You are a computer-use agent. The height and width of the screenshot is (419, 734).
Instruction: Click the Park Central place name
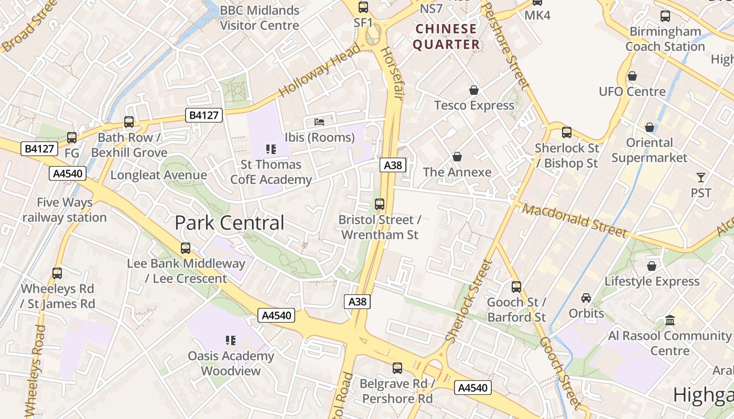click(229, 223)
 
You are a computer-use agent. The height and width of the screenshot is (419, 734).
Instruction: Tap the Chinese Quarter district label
click(446, 37)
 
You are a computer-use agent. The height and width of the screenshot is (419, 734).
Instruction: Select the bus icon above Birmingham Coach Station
click(665, 16)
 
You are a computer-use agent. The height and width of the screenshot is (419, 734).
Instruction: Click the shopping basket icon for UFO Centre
click(632, 76)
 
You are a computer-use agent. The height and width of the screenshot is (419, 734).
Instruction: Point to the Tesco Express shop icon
click(474, 90)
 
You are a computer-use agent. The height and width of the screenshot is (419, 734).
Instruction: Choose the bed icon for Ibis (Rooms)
click(319, 122)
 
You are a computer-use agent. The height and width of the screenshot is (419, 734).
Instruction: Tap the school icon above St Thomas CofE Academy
click(271, 149)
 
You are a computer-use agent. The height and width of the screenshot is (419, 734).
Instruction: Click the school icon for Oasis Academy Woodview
click(230, 341)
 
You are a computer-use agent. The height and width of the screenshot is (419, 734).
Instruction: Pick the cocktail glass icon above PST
click(700, 178)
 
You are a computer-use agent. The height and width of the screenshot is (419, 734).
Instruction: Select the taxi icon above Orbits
click(586, 298)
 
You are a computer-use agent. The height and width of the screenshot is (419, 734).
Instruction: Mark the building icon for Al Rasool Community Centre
click(670, 320)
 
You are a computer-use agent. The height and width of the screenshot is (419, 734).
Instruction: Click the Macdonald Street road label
click(574, 220)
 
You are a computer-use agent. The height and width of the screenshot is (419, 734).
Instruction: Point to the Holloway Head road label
click(320, 70)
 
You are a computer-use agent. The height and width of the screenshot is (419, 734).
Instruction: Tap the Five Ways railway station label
click(64, 210)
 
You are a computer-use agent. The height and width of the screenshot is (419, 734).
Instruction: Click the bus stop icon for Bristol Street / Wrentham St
click(380, 204)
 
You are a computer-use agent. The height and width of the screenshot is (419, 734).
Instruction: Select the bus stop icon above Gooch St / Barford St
click(516, 286)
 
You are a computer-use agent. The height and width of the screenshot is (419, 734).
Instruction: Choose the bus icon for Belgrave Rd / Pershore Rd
click(397, 368)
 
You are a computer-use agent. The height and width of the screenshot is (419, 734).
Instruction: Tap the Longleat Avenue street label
click(158, 175)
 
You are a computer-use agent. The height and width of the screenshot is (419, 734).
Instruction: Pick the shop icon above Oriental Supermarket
click(649, 127)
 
